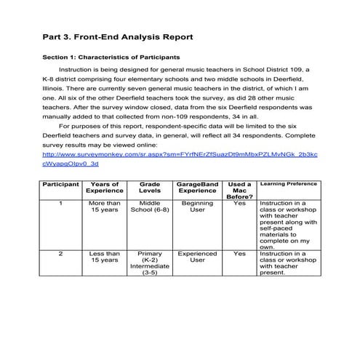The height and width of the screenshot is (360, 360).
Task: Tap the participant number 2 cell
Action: (x=60, y=254)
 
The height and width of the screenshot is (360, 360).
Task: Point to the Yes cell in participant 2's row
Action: (x=239, y=254)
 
